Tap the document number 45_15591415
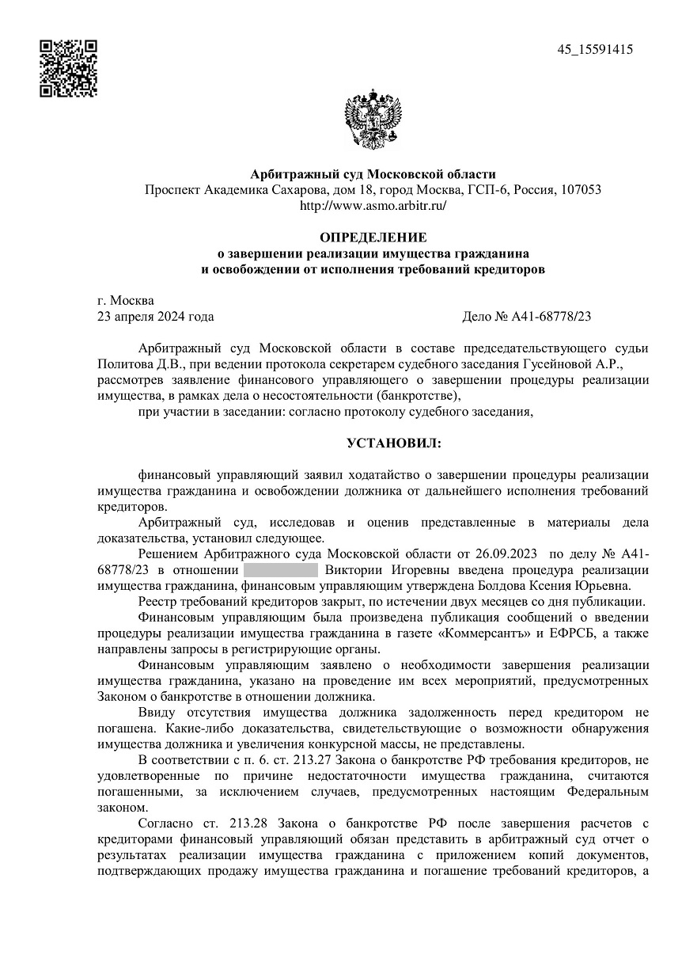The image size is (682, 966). tap(595, 49)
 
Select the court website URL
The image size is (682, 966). tap(373, 205)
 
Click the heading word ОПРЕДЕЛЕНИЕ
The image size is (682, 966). tap(373, 238)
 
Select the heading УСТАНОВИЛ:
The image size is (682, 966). tap(395, 442)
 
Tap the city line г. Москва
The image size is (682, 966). tap(126, 301)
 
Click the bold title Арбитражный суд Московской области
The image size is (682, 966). tap(373, 174)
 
